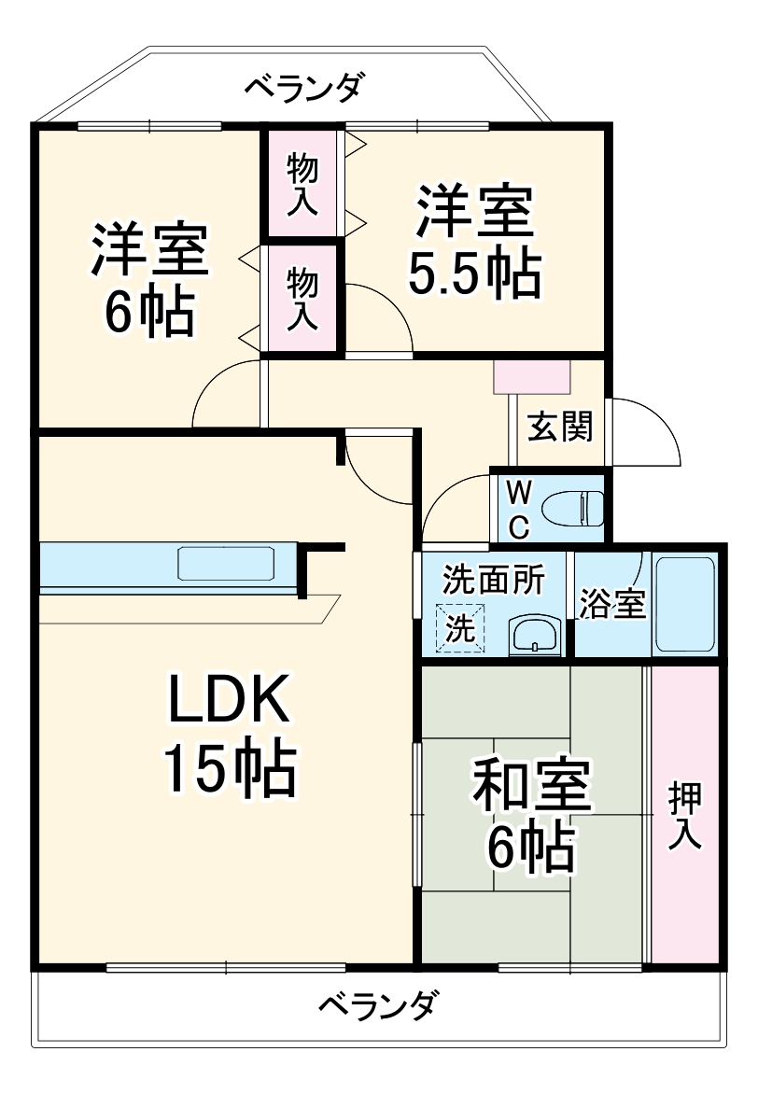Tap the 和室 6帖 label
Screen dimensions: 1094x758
[x=530, y=816]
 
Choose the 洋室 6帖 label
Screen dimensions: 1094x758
[x=149, y=279]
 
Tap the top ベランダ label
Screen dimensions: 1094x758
[x=302, y=88]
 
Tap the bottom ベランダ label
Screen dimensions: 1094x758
[x=378, y=1007]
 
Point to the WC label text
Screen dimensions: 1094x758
[x=519, y=509]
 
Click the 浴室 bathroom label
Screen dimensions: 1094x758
[x=612, y=604]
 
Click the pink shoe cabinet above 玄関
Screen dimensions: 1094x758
[x=532, y=375]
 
